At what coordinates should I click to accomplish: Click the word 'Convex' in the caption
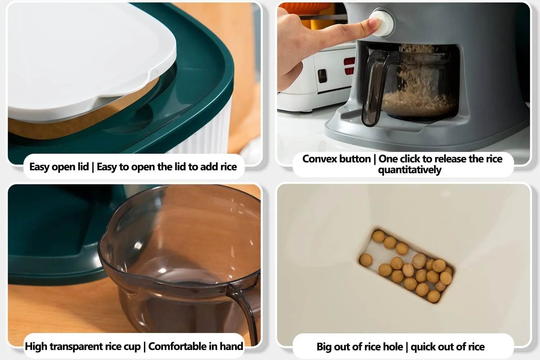tap(336, 159)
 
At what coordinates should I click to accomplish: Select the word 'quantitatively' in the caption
tap(410, 170)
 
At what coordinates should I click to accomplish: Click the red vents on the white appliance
tap(349, 66)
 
